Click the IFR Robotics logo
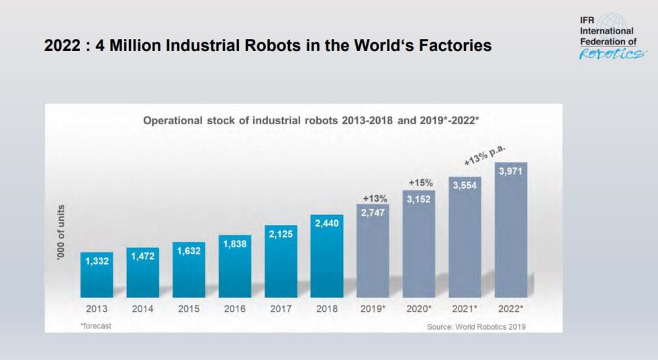608,36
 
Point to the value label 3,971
511,172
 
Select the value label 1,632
189,251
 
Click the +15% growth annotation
420,183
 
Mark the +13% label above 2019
373,198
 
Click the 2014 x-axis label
142,310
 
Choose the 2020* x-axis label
419,310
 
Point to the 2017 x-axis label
281,310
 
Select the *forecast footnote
96,325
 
